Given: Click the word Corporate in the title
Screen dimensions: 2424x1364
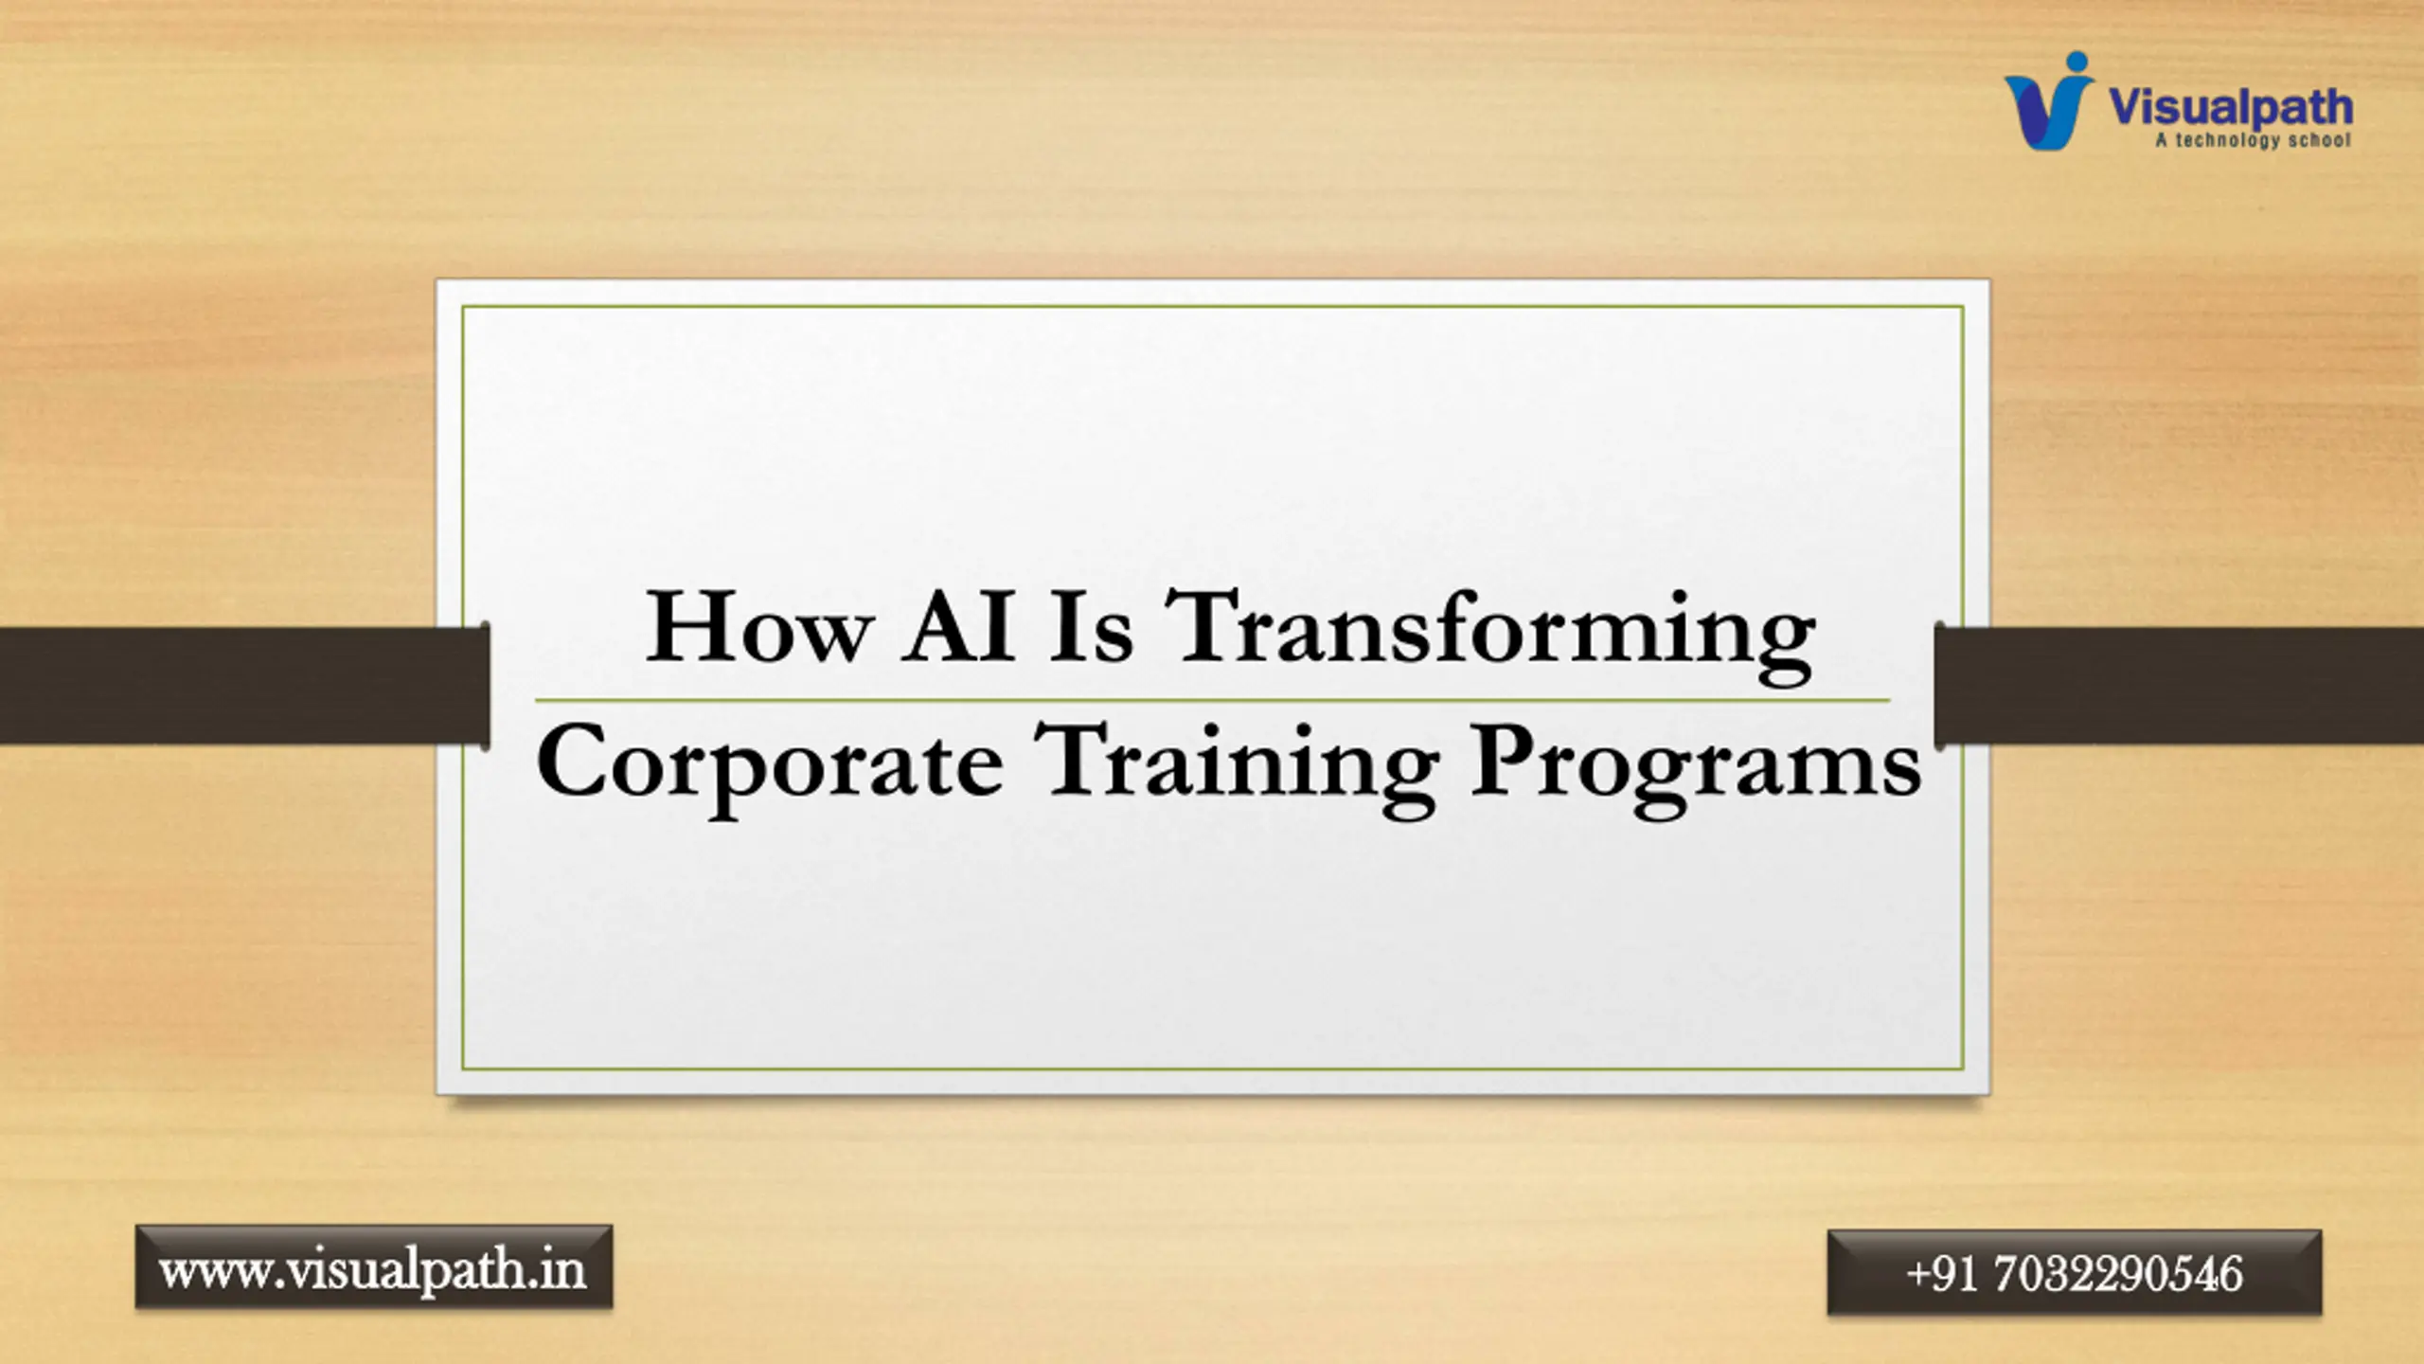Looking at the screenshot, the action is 769,765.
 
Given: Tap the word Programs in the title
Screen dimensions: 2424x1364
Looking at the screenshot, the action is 1696,765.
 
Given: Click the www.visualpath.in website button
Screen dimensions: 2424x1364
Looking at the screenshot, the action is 374,1267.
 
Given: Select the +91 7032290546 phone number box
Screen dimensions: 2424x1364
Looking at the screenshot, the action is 2074,1272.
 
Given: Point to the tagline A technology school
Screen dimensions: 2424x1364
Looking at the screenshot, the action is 2253,140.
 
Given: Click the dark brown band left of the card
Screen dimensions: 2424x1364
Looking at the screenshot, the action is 244,685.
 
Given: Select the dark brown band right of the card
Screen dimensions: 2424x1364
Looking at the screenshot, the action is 2179,685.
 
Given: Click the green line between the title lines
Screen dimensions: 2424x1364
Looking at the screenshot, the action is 1212,700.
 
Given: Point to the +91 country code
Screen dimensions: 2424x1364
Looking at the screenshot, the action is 1940,1273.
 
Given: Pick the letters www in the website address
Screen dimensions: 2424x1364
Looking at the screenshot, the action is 214,1272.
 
